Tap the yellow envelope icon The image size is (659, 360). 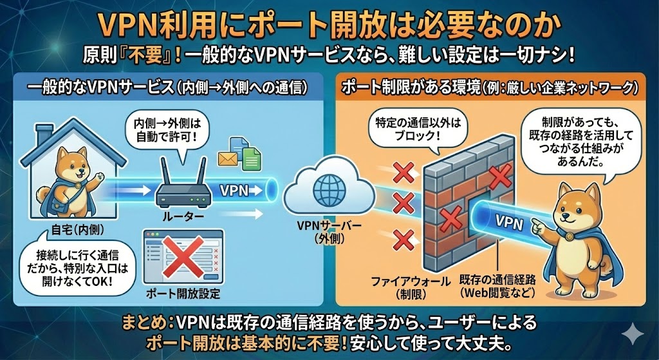click(228, 157)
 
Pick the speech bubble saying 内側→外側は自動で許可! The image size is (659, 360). click(157, 131)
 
